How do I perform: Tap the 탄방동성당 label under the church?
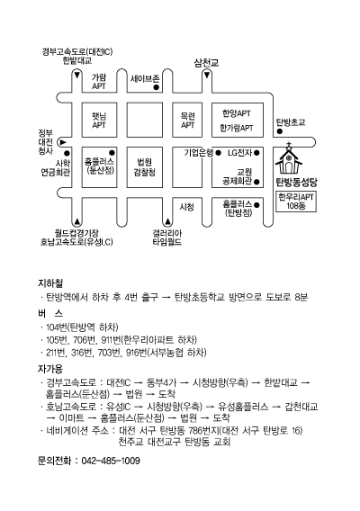point(296,182)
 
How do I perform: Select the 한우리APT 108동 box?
point(296,202)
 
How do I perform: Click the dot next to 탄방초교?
point(280,131)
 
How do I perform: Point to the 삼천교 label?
point(206,63)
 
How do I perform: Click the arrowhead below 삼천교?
point(207,76)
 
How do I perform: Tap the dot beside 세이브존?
point(157,87)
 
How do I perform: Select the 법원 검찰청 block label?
point(145,166)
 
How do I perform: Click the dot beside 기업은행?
point(218,153)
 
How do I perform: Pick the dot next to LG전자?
point(256,153)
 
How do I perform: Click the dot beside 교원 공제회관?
point(256,182)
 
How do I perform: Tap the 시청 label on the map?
point(187,207)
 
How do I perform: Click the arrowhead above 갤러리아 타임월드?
point(167,222)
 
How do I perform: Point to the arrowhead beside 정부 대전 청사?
point(63,142)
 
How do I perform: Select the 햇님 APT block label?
point(99,121)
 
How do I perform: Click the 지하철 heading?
point(50,282)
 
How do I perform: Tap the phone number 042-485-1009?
point(111,461)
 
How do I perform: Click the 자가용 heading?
point(50,369)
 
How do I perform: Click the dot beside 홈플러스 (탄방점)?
point(256,205)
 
